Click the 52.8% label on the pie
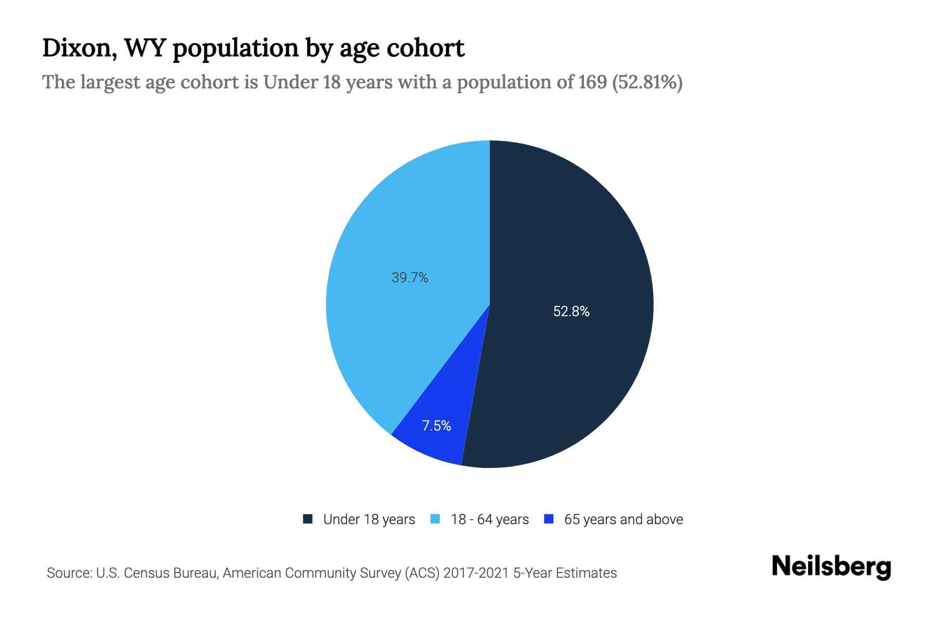tap(571, 311)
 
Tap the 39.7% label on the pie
tap(410, 278)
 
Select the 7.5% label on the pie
tap(436, 426)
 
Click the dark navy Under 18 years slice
tap(572, 234)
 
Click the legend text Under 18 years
tap(369, 519)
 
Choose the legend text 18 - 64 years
tap(489, 519)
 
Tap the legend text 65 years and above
tap(623, 519)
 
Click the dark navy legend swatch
tap(308, 519)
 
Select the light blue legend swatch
tap(435, 519)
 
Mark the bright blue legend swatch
tap(549, 519)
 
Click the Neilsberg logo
tap(831, 567)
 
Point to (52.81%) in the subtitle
tap(647, 82)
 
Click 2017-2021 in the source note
tap(476, 573)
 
